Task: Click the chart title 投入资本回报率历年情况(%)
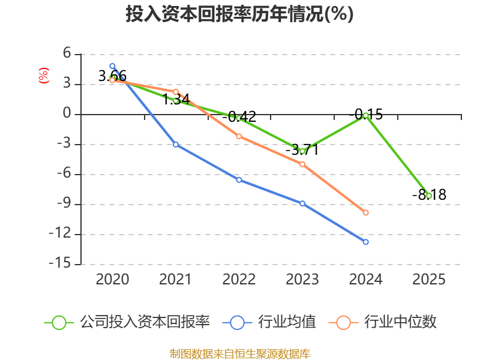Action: (x=239, y=14)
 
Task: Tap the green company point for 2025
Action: (x=429, y=196)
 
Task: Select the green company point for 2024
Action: (x=365, y=115)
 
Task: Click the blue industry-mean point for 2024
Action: (x=365, y=242)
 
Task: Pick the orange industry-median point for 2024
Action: (x=365, y=212)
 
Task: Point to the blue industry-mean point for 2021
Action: (x=176, y=144)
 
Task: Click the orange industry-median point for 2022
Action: (x=239, y=136)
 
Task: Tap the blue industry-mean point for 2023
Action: (x=302, y=203)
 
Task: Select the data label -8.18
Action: (x=429, y=195)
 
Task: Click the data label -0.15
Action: (x=365, y=114)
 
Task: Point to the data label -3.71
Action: (x=302, y=150)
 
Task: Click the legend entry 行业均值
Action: (x=269, y=322)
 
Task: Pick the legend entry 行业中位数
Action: (x=383, y=322)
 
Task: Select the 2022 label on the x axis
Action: (x=239, y=279)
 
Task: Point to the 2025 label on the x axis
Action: (x=429, y=279)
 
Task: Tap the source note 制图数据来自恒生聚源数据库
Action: (x=239, y=353)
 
